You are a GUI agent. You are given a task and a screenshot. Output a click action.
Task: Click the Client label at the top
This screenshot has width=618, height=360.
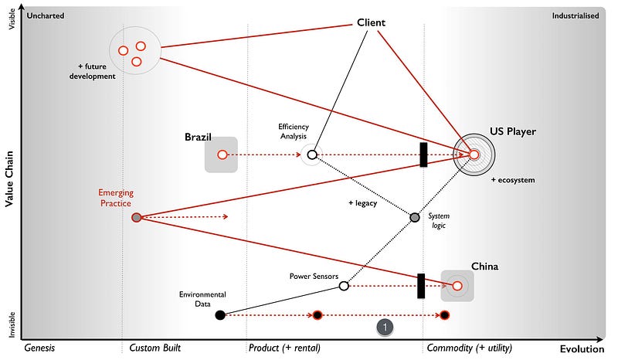[371, 22]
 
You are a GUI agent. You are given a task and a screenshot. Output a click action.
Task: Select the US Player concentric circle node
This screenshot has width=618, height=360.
[474, 155]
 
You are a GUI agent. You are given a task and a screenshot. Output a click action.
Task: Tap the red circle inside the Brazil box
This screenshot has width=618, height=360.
[222, 155]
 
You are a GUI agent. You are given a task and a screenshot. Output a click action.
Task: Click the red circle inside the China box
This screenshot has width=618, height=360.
[457, 286]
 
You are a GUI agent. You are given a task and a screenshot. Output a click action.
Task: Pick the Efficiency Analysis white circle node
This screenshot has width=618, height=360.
[311, 155]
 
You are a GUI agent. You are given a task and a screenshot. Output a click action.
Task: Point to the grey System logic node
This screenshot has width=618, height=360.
[414, 218]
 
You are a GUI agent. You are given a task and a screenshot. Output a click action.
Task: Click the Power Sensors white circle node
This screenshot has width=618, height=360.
[344, 286]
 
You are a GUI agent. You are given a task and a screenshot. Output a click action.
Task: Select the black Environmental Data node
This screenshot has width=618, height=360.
[220, 314]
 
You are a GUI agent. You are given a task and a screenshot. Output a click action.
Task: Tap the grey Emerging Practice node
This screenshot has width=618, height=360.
[137, 218]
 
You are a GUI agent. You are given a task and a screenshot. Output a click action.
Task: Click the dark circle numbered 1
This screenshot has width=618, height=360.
[385, 327]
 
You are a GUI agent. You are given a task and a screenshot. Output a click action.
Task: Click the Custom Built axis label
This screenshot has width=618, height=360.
[155, 348]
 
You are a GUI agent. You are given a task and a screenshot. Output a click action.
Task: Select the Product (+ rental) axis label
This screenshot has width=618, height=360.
[284, 348]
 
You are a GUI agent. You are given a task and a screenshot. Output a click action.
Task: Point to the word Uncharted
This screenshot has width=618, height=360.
[46, 15]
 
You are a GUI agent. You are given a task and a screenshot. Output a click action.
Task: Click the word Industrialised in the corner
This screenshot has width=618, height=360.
[576, 15]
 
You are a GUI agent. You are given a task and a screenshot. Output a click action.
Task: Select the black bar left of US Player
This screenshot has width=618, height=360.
[423, 155]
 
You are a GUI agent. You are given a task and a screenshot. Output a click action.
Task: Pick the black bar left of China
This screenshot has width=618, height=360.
[421, 286]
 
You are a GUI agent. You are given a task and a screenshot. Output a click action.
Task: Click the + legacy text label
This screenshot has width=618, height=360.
[362, 202]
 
